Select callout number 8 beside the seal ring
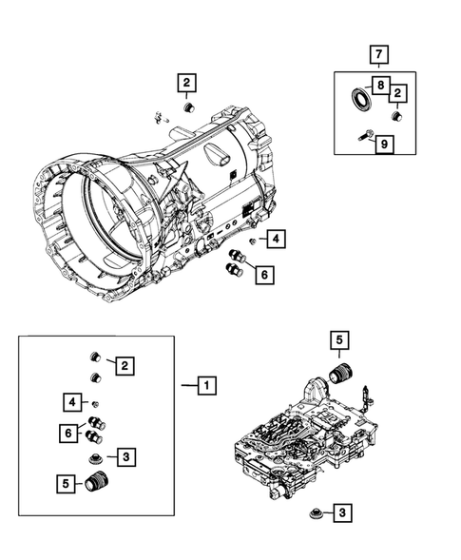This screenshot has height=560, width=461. coord(380,86)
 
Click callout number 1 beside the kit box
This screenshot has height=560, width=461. coord(204,385)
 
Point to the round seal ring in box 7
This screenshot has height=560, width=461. coord(360,97)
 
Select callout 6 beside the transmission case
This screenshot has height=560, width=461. coord(263,274)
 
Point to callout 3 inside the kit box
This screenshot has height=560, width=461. coord(126,457)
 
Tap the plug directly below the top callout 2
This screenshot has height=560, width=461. coord(186,108)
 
